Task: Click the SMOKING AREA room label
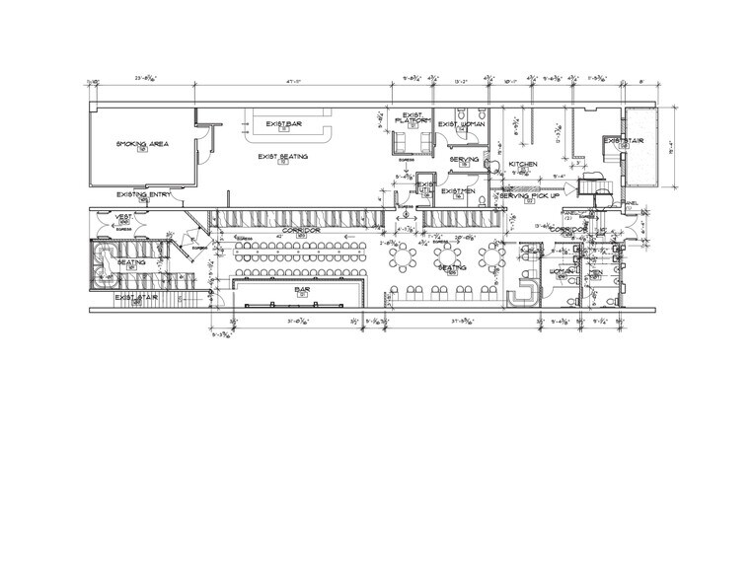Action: pyautogui.click(x=143, y=144)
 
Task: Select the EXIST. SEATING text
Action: pyautogui.click(x=282, y=157)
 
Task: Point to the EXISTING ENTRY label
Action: pyautogui.click(x=143, y=194)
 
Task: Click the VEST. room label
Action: pyautogui.click(x=125, y=217)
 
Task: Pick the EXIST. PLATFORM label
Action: pyautogui.click(x=413, y=118)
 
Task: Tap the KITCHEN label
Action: pyautogui.click(x=522, y=163)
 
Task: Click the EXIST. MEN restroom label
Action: pyautogui.click(x=458, y=190)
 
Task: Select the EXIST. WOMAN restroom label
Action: pyautogui.click(x=461, y=124)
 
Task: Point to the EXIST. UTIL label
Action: pyautogui.click(x=425, y=185)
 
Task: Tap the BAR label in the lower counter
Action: pyautogui.click(x=303, y=289)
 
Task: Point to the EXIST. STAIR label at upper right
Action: pyautogui.click(x=624, y=141)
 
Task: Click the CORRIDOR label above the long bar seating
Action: pyautogui.click(x=302, y=229)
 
